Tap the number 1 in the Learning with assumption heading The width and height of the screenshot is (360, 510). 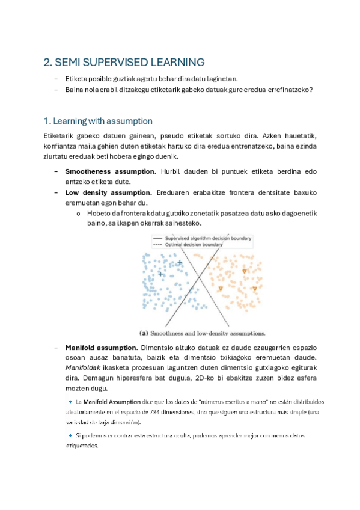[46, 121]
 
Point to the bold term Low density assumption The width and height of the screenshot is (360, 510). [108, 192]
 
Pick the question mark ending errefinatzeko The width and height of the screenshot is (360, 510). [312, 90]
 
